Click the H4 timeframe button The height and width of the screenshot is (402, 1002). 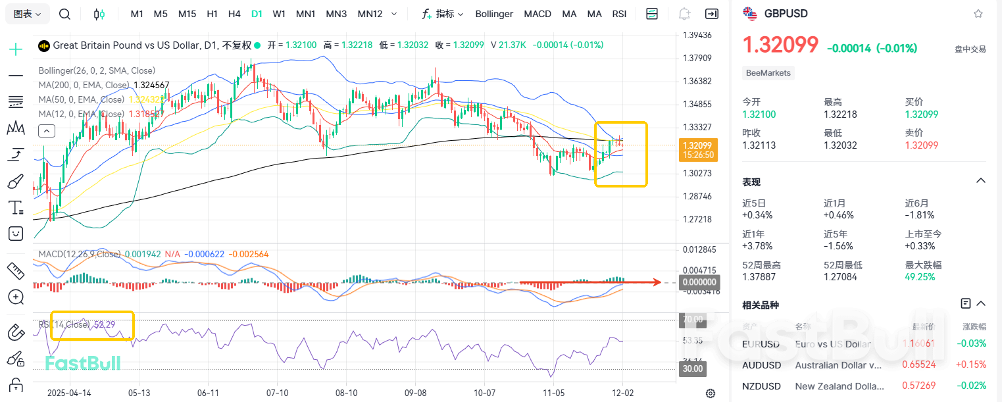[234, 14]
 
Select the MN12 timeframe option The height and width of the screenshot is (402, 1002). [370, 14]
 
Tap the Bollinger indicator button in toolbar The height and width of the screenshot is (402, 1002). [494, 14]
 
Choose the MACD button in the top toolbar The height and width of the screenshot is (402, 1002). [538, 14]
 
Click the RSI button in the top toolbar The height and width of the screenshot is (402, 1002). [619, 14]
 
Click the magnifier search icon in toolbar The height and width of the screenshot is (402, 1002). [64, 14]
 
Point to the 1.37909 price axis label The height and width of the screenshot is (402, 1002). [697, 59]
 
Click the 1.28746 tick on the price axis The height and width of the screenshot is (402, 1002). [697, 197]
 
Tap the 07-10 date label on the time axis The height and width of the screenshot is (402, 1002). [277, 393]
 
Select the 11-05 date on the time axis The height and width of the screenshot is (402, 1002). [553, 393]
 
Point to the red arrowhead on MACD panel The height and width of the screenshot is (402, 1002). [657, 282]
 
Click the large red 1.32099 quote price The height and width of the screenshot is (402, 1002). [780, 45]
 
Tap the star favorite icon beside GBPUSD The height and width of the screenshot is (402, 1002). [978, 14]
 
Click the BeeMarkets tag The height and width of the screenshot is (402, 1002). [768, 73]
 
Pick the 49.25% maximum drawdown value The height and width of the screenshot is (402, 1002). [920, 277]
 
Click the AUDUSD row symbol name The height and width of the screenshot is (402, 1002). [762, 364]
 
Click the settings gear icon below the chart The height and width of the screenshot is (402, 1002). [711, 393]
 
